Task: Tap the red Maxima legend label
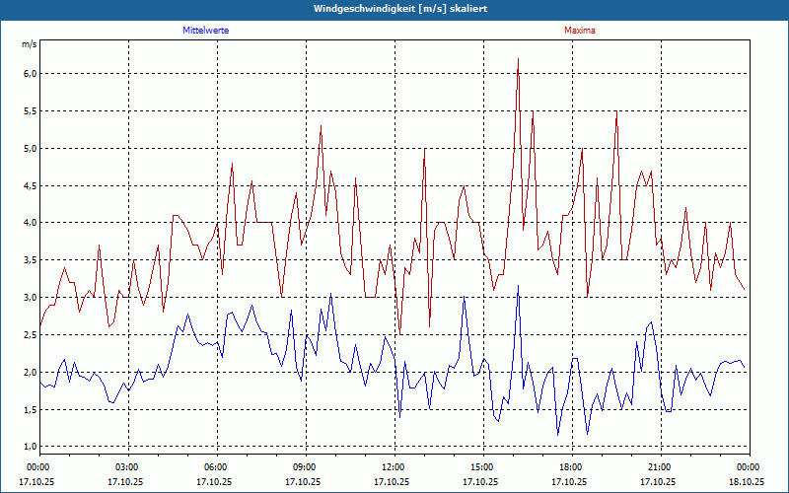point(580,31)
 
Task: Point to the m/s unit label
point(29,45)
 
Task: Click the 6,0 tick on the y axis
point(30,74)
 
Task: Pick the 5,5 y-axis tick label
point(30,111)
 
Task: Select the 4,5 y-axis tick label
point(30,185)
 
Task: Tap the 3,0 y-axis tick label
point(30,298)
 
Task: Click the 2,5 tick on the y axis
point(30,335)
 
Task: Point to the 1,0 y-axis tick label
point(30,447)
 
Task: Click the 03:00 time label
point(127,466)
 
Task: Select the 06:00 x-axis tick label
point(216,466)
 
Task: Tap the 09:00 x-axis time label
point(305,466)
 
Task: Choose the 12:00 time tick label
point(394,466)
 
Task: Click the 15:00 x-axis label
point(482,466)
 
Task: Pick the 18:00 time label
point(571,466)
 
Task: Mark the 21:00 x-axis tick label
point(660,466)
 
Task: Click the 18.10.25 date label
point(747,482)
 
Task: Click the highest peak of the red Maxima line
point(518,59)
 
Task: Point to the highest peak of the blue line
point(518,286)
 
